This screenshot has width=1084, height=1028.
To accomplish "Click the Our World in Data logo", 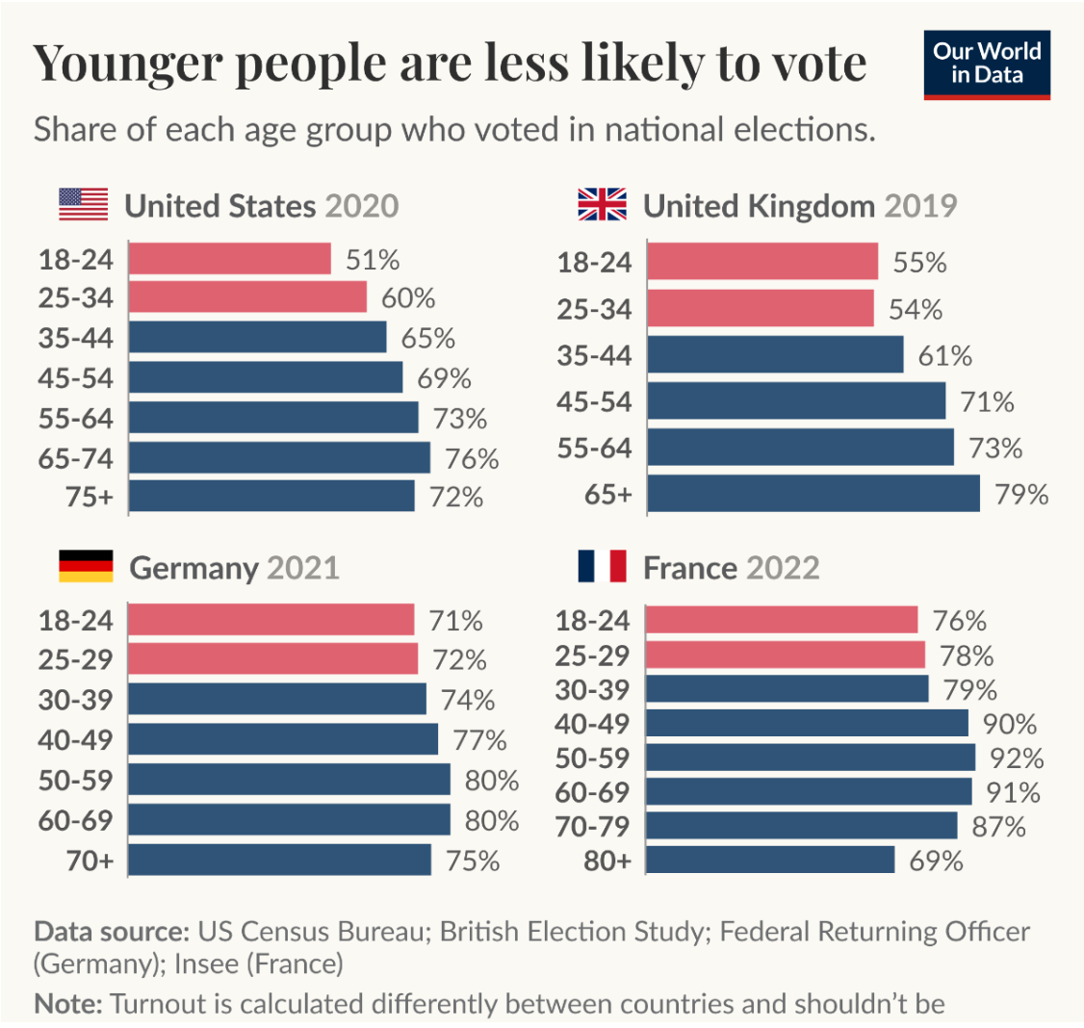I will (986, 65).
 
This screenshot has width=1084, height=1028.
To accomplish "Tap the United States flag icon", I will (84, 205).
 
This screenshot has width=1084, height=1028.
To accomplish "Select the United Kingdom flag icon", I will (602, 205).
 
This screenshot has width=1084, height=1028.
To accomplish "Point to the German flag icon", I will (86, 567).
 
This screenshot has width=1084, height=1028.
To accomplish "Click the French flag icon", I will (602, 567).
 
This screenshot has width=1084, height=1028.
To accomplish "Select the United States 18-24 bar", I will (229, 259).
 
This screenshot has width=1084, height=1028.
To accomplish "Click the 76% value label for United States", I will (472, 459).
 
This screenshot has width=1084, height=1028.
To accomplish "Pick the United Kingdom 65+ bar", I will (813, 494).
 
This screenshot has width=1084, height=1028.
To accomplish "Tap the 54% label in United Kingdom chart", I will (916, 309).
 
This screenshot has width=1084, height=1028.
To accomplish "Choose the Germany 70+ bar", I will (279, 860).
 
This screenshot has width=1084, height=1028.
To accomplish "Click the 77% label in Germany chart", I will (479, 740).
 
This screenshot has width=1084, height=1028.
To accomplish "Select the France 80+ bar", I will (770, 860).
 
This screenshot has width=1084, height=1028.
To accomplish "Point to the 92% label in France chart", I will (1017, 758).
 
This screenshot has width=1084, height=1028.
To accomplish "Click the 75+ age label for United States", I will (90, 497).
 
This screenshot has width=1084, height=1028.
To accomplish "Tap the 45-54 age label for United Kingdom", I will (594, 401).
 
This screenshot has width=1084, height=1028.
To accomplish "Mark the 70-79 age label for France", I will (593, 826).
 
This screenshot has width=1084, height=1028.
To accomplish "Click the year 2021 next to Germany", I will (303, 567).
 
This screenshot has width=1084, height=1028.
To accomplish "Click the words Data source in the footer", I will (111, 932).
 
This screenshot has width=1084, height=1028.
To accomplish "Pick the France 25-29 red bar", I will (785, 655).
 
